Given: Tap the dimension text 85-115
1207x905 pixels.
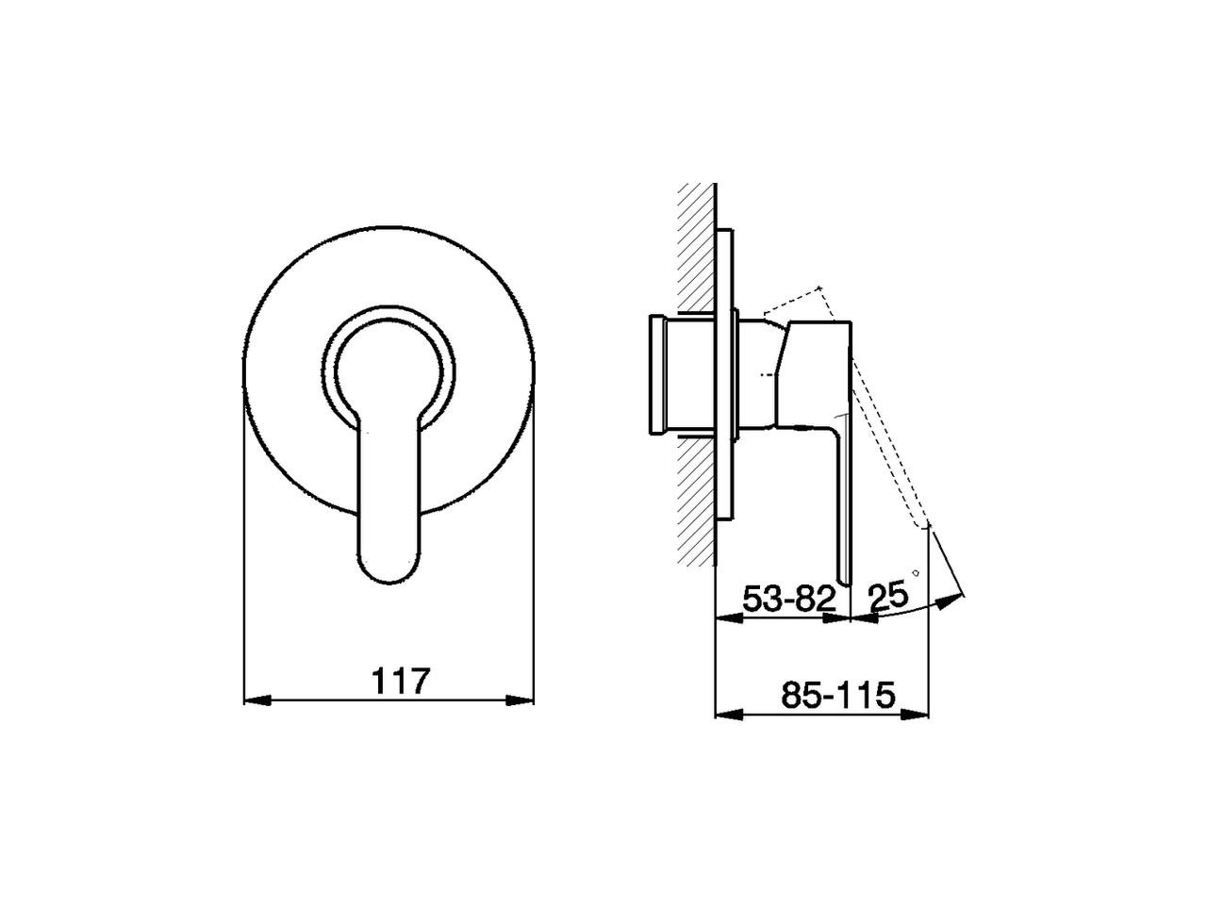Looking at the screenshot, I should click(837, 696).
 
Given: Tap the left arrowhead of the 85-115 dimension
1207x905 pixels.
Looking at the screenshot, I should click(728, 714).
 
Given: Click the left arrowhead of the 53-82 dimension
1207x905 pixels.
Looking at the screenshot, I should click(728, 617).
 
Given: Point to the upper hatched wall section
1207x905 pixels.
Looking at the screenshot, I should click(695, 245).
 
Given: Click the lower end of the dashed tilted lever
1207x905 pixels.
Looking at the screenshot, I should click(921, 523).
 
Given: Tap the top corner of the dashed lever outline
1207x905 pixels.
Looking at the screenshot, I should click(821, 287).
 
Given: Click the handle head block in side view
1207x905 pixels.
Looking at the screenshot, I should click(817, 368).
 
